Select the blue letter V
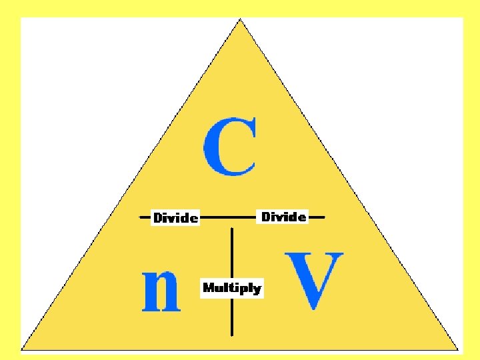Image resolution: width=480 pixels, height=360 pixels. (314, 281)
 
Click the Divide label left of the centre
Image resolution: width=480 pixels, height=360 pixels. (175, 217)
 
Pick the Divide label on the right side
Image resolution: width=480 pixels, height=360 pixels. (283, 217)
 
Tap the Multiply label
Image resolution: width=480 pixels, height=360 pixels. (232, 288)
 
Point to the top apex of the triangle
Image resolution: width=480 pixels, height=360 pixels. (241, 19)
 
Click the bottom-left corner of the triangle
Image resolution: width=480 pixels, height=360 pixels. (22, 349)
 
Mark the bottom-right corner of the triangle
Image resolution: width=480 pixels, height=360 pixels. (459, 349)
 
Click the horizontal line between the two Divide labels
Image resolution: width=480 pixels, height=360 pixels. (229, 217)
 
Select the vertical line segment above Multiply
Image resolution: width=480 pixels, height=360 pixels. (232, 253)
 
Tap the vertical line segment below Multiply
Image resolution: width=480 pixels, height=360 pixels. (232, 317)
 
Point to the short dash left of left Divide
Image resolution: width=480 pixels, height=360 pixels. (145, 217)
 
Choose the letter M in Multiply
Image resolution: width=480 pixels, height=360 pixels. (209, 288)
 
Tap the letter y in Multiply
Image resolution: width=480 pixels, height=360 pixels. (257, 290)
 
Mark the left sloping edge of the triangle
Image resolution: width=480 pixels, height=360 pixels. (131, 184)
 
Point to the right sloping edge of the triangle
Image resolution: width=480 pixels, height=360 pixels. (350, 184)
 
